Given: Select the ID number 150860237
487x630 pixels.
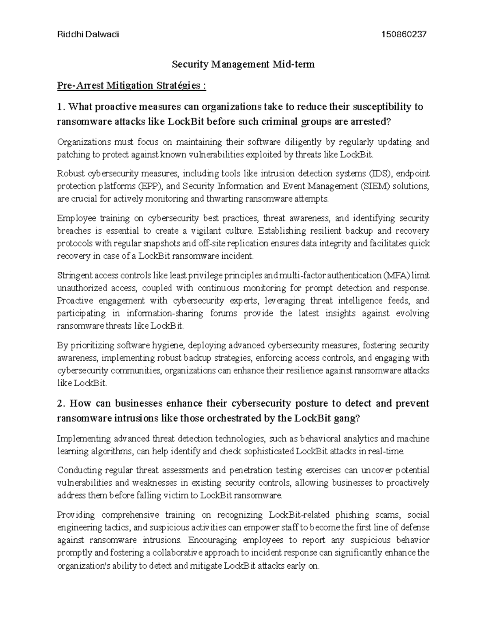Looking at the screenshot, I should coord(404,34).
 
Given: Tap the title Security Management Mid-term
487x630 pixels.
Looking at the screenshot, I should coord(243,64).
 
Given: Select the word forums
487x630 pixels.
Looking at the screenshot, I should coord(223,314).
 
